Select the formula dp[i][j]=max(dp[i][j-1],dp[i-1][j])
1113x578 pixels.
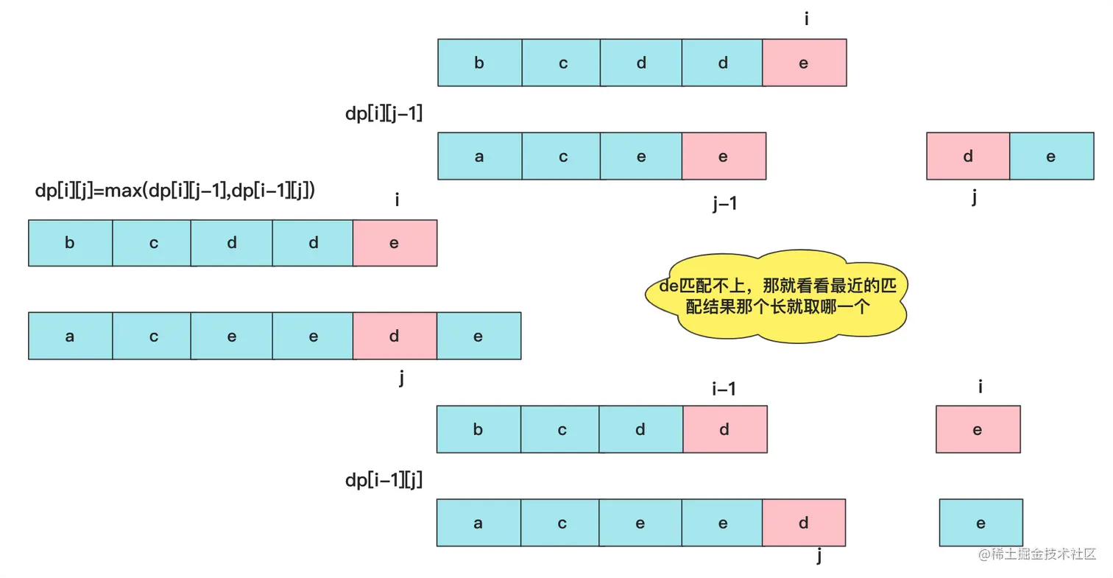pyautogui.click(x=176, y=191)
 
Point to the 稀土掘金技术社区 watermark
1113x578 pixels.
pyautogui.click(x=1036, y=554)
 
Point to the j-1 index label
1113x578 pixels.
pyautogui.click(x=725, y=205)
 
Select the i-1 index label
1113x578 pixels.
pyautogui.click(x=724, y=389)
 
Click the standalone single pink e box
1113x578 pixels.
pyautogui.click(x=978, y=429)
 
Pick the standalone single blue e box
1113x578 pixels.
pyautogui.click(x=981, y=523)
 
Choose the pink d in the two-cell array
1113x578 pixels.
pyautogui.click(x=967, y=156)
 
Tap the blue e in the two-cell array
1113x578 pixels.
pyautogui.click(x=1051, y=156)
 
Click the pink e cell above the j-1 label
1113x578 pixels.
pyautogui.click(x=724, y=156)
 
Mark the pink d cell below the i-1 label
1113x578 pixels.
pyautogui.click(x=724, y=429)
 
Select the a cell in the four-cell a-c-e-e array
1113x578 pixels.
pyautogui.click(x=479, y=156)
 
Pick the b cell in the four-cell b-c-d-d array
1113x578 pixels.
pyautogui.click(x=478, y=429)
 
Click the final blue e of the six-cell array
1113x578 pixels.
pyautogui.click(x=478, y=336)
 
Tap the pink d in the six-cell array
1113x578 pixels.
pyautogui.click(x=394, y=336)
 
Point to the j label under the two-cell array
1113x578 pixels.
pyautogui.click(x=973, y=197)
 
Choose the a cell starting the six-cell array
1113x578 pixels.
pyautogui.click(x=70, y=336)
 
